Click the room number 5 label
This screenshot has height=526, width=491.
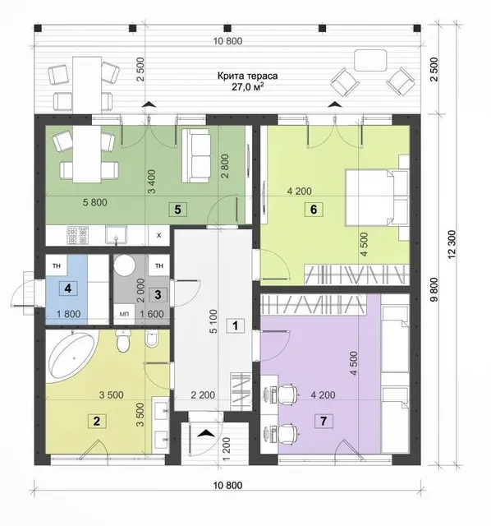(177, 210)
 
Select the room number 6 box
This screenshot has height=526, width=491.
(314, 210)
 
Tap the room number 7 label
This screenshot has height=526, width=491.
(324, 421)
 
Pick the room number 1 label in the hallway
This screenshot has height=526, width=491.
(236, 325)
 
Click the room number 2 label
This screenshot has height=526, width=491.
(97, 421)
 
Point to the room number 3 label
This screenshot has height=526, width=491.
(158, 295)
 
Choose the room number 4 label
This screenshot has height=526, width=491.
(68, 288)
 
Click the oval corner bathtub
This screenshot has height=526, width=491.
(72, 356)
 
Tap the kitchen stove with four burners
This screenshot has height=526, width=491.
(78, 235)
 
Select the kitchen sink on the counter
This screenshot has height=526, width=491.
(116, 234)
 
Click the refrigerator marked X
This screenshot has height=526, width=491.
(158, 235)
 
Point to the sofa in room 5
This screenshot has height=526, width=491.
(196, 156)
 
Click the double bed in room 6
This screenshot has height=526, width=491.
(377, 197)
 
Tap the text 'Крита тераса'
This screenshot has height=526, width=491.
(248, 76)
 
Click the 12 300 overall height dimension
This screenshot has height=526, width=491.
(452, 245)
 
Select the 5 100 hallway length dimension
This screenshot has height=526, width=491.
(213, 321)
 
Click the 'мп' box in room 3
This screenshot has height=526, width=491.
(124, 314)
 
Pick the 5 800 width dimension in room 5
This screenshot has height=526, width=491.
(95, 202)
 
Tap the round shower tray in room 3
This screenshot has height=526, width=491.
(124, 265)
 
